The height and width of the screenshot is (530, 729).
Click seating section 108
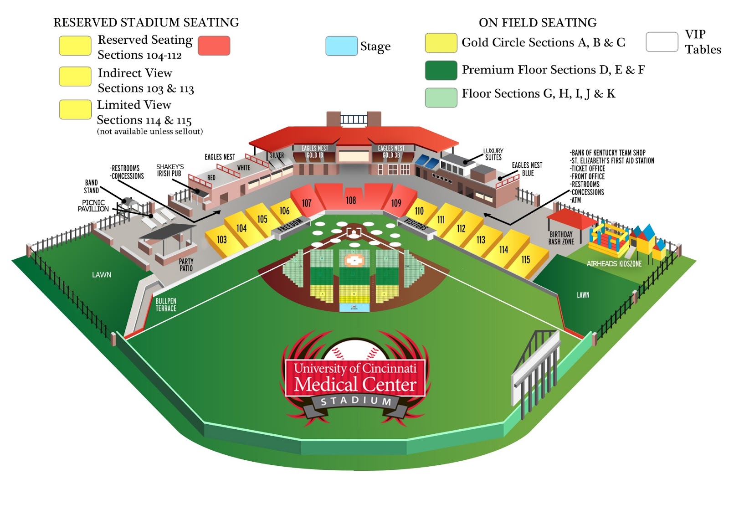click(351, 200)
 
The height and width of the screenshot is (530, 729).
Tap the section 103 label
click(222, 239)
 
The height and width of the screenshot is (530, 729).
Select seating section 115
click(526, 259)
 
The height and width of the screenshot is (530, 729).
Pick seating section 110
click(419, 211)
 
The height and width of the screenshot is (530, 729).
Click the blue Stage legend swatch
click(341, 46)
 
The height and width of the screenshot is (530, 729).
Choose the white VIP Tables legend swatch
click(662, 42)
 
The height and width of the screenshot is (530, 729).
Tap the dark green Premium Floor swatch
click(441, 70)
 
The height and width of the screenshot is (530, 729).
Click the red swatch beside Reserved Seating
click(214, 46)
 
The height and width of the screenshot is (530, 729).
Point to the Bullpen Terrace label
click(166, 304)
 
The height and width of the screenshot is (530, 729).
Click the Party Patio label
click(186, 265)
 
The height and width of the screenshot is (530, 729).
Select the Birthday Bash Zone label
click(561, 238)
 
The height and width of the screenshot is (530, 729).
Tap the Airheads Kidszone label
click(614, 263)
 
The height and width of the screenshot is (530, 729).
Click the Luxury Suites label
click(493, 154)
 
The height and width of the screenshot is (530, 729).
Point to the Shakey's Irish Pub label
click(169, 170)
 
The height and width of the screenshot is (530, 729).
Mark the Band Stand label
click(91, 186)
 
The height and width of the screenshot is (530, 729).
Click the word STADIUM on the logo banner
click(356, 401)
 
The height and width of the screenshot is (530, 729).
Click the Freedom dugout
click(291, 226)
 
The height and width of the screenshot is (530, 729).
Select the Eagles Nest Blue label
click(527, 169)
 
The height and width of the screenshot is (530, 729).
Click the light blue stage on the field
click(354, 308)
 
